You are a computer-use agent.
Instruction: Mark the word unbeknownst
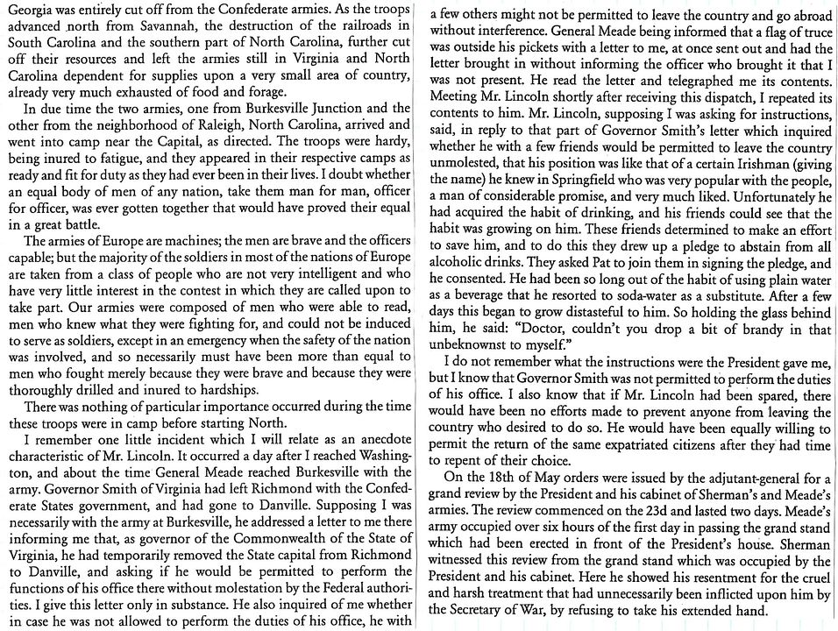click(473, 368)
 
